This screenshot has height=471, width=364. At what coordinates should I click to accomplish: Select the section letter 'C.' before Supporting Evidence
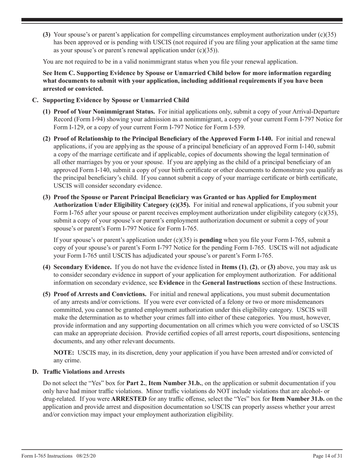point(35,100)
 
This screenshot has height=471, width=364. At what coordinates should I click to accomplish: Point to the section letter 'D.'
point(35,371)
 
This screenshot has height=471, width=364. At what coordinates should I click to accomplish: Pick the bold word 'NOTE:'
point(64,353)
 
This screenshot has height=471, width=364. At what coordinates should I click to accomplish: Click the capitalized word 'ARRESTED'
point(129,399)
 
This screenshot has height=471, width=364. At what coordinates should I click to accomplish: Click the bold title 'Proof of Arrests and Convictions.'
point(100,294)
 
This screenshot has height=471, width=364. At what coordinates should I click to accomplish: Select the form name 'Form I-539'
point(228,127)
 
